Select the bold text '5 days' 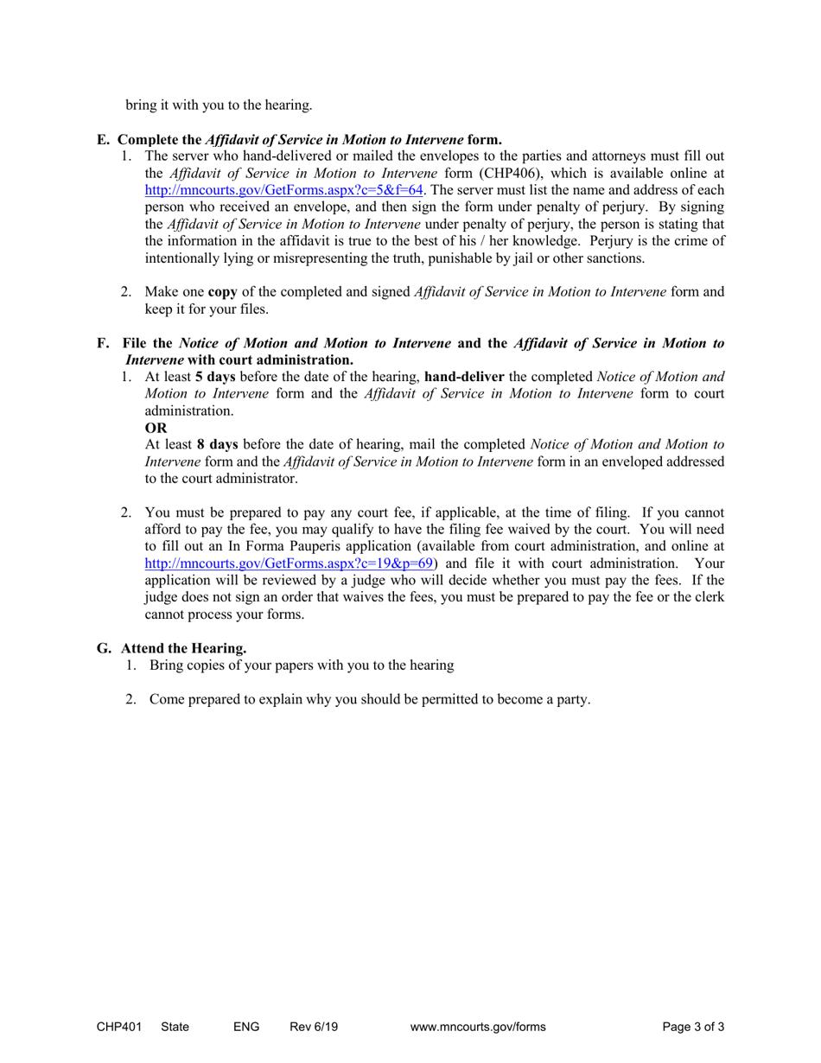click(215, 378)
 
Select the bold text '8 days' click(216, 445)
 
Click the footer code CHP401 click(117, 1027)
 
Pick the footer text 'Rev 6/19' click(314, 1027)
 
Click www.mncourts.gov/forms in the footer click(478, 1027)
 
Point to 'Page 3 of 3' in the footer click(693, 1027)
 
